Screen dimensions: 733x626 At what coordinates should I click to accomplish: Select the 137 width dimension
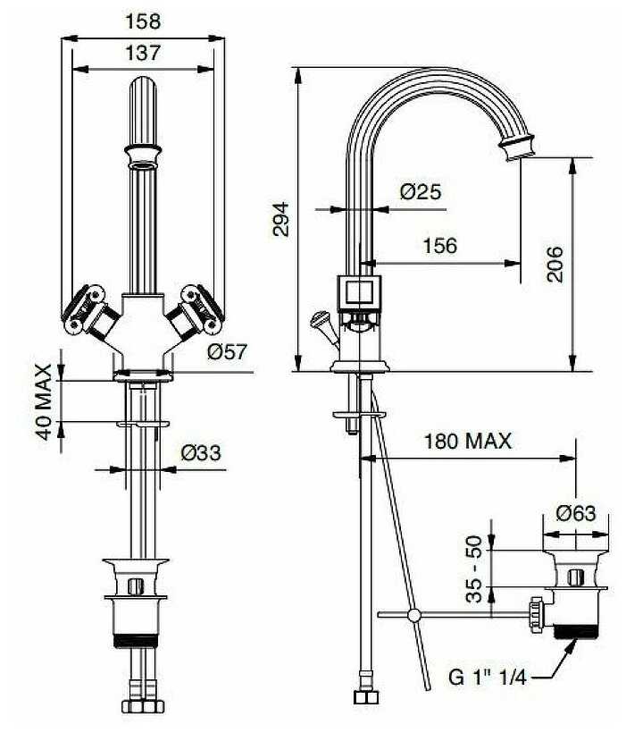(143, 53)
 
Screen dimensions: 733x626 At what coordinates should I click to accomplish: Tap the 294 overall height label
(280, 219)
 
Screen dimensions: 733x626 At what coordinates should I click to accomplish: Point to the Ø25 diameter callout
(420, 190)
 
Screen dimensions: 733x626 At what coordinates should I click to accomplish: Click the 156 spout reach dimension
(438, 245)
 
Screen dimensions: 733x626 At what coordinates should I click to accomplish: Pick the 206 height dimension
(555, 264)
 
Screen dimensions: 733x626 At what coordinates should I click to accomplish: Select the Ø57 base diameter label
(226, 353)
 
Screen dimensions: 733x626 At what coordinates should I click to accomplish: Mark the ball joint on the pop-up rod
(413, 615)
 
